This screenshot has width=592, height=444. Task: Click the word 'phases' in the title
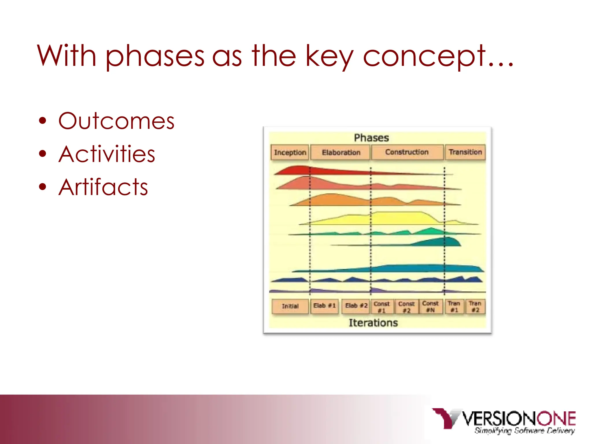(155, 56)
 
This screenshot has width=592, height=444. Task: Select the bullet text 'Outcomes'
(116, 121)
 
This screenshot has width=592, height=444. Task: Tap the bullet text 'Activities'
(107, 154)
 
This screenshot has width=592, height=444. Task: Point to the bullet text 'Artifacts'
(103, 187)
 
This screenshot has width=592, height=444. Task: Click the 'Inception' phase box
(290, 152)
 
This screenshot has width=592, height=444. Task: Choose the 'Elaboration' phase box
(341, 152)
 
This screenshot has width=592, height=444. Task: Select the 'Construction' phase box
(407, 152)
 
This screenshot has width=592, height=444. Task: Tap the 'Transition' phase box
(465, 152)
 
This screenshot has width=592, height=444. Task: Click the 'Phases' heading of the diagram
(371, 138)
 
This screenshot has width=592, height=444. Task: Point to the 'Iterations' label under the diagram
(373, 323)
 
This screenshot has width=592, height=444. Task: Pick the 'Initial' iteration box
(290, 306)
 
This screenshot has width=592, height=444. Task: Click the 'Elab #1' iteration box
(324, 306)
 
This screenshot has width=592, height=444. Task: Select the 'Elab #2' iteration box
(356, 306)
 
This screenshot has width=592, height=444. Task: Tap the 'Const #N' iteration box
(430, 306)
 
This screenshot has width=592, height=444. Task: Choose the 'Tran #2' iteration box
(475, 306)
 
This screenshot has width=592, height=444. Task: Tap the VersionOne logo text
(519, 419)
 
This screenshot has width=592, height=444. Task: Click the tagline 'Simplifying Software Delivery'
(524, 431)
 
